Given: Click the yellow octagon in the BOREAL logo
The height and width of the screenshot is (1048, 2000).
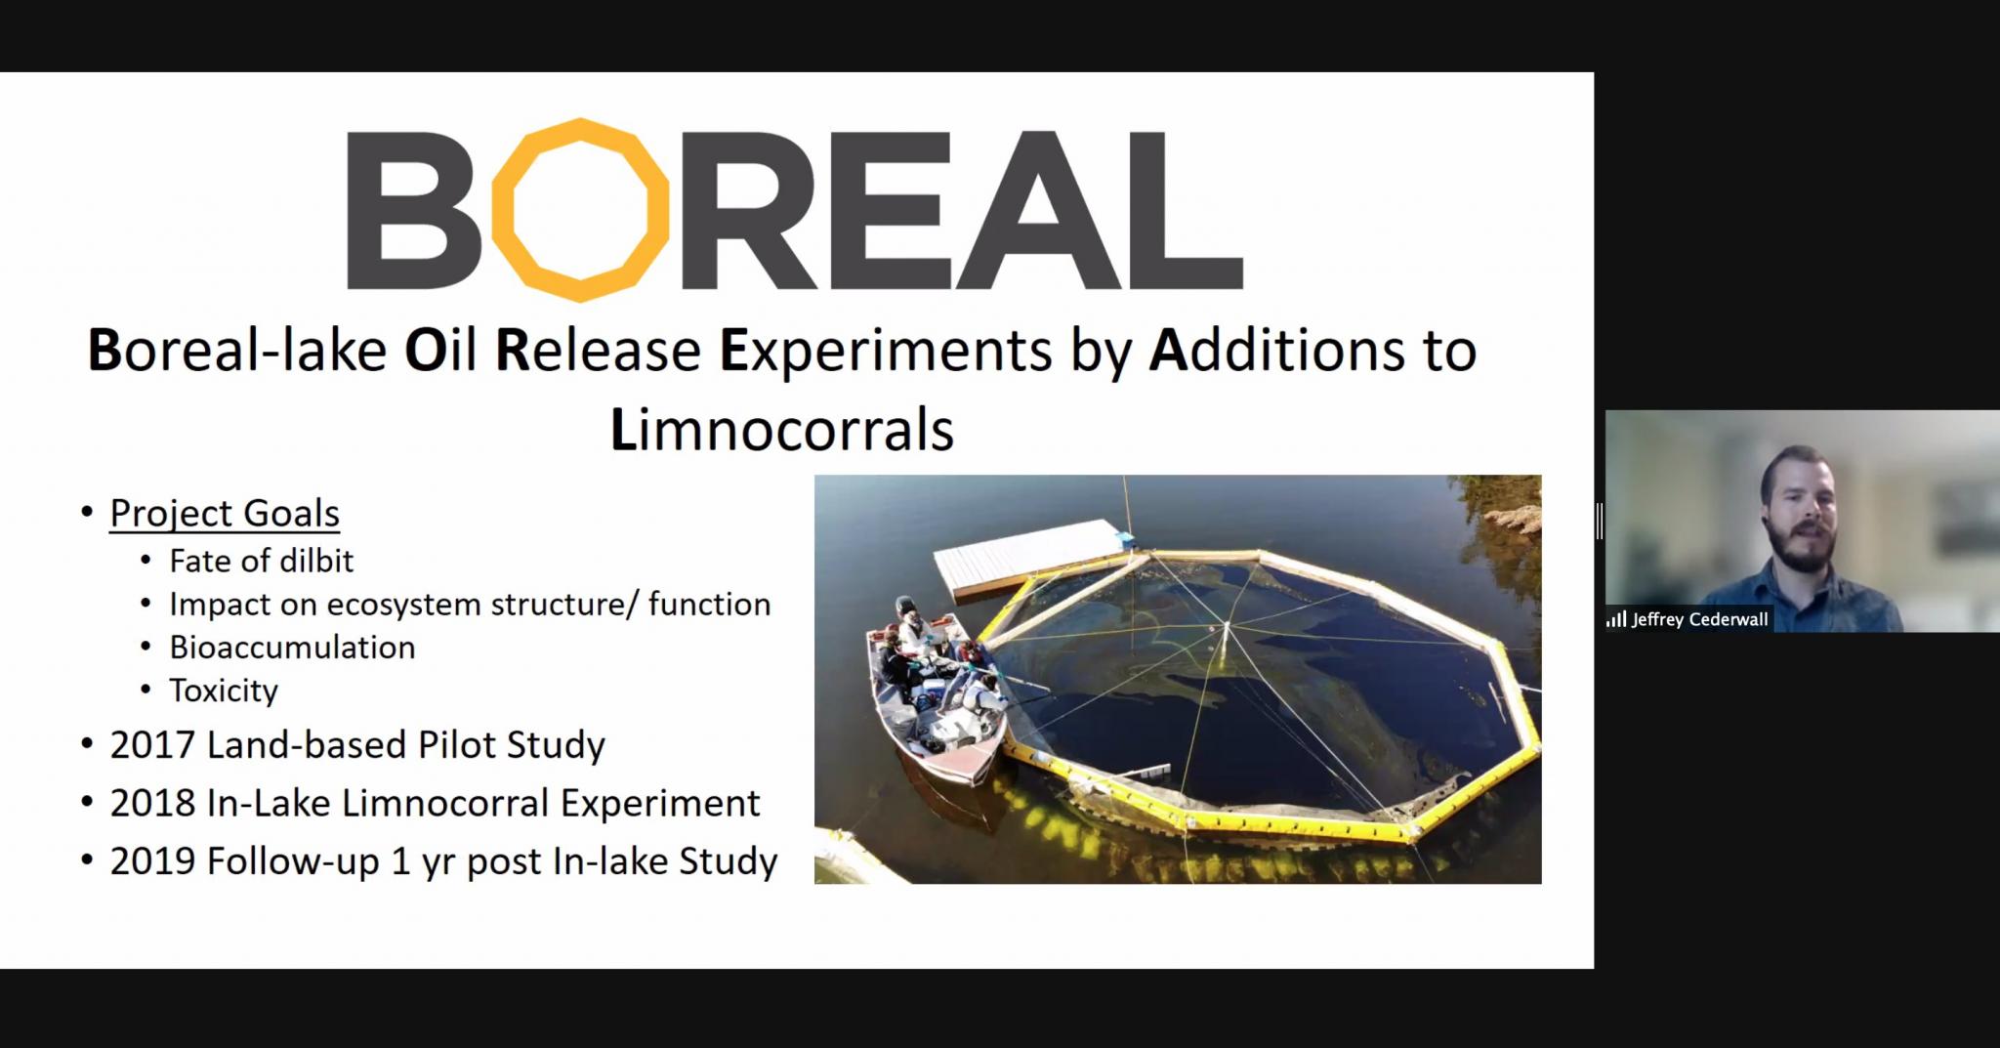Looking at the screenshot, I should point(580,209).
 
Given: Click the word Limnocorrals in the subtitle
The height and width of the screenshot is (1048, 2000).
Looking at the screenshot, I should point(782,430).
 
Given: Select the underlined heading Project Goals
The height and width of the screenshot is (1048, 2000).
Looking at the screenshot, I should point(225,513).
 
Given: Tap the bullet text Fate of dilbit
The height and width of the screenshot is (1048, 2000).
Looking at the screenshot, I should point(261,561).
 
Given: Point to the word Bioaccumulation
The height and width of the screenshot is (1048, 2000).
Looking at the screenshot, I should point(292,647).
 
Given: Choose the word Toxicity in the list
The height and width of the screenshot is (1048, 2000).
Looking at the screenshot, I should point(224,691).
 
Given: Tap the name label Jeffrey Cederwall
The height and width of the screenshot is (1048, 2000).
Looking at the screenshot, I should point(1699,619).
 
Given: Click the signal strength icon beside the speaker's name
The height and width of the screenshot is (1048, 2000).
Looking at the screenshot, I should point(1616,619).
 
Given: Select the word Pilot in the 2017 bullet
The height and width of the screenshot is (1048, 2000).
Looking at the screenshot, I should point(456,745).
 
